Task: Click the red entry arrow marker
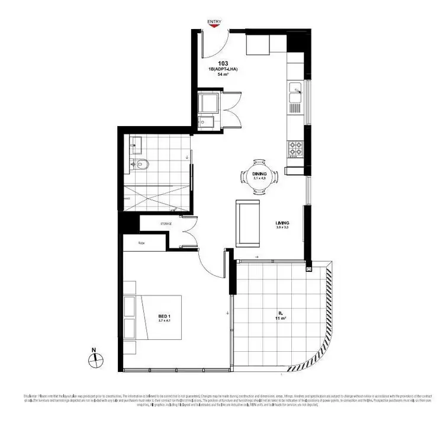pyautogui.click(x=214, y=27)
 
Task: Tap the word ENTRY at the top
pyautogui.click(x=214, y=21)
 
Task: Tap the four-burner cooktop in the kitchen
pyautogui.click(x=295, y=149)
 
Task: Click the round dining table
pyautogui.click(x=260, y=176)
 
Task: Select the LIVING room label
pyautogui.click(x=282, y=222)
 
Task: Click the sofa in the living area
pyautogui.click(x=247, y=223)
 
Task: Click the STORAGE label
pyautogui.click(x=166, y=224)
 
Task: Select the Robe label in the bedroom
pyautogui.click(x=142, y=243)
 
